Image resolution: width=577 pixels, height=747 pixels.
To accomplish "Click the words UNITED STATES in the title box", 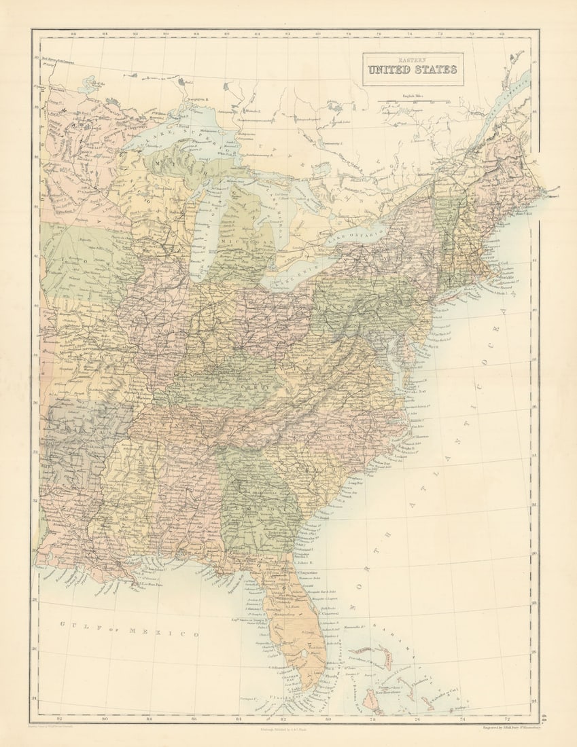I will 413,70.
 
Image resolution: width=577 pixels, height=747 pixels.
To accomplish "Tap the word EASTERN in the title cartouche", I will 413,60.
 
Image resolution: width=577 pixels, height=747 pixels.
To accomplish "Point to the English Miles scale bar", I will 417,103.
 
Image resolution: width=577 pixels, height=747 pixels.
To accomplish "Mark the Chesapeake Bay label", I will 416,392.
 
